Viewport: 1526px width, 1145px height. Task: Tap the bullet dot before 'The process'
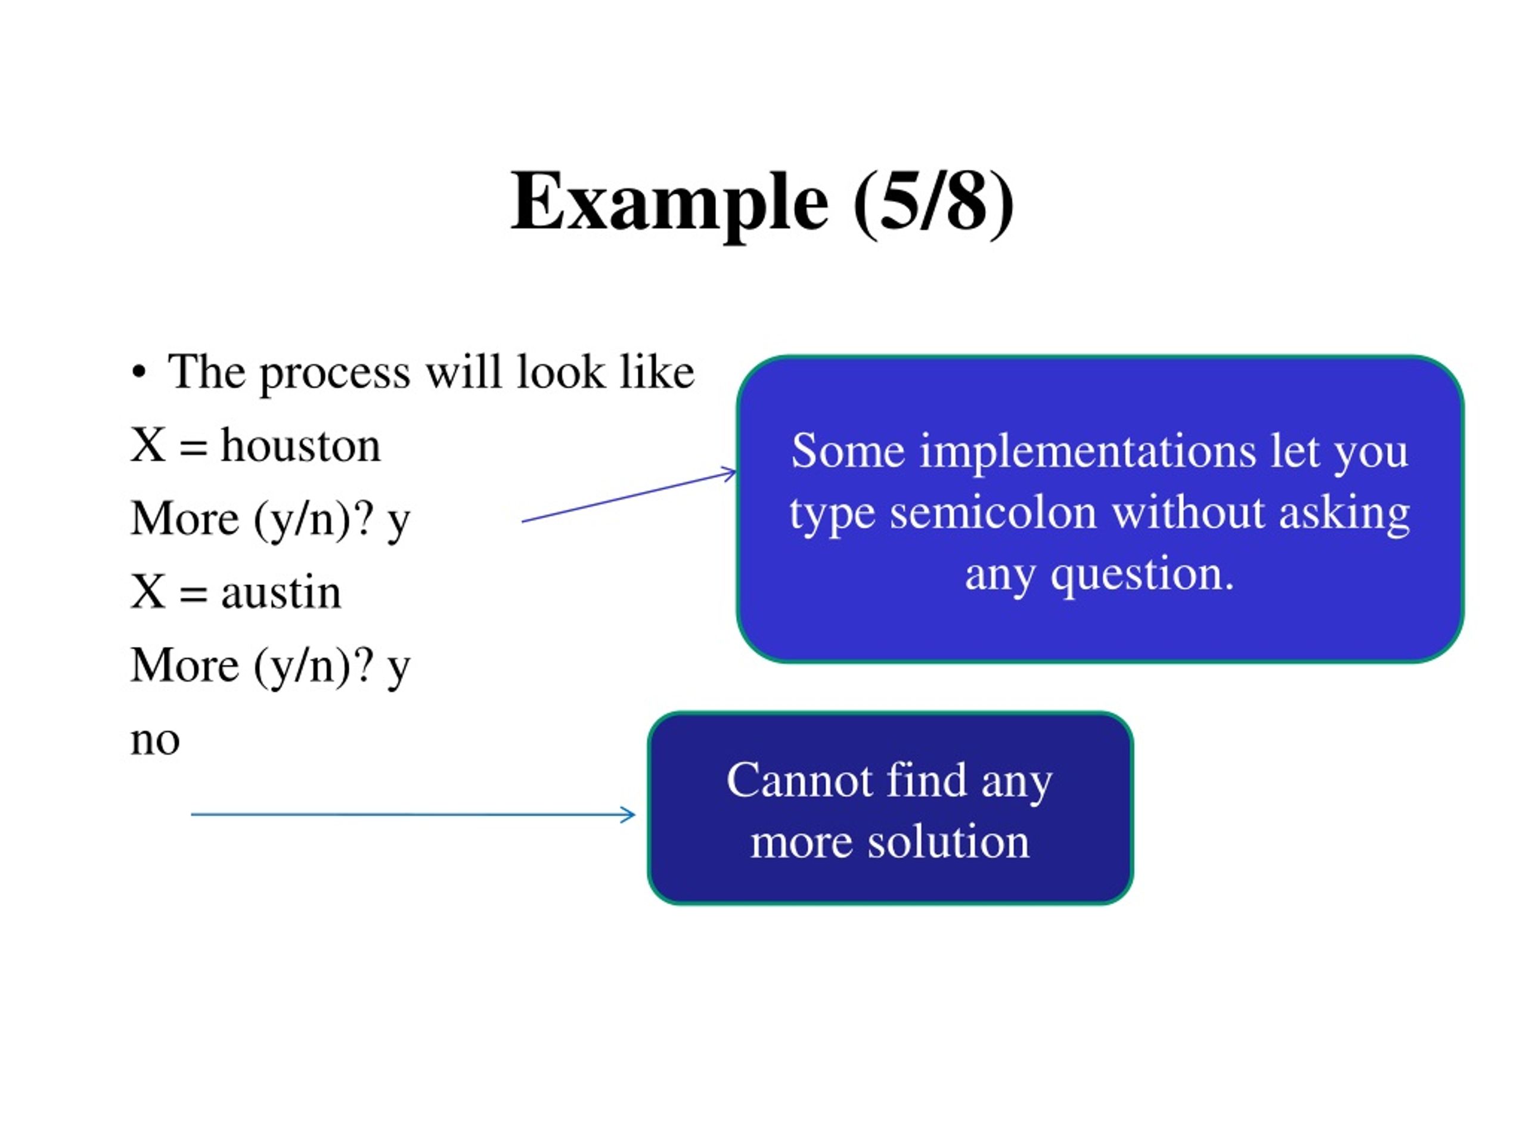139,373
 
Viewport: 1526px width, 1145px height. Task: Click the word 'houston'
301,444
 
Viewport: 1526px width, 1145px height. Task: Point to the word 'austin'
281,592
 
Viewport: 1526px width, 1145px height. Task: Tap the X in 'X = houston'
148,445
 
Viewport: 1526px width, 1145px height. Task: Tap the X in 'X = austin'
148,592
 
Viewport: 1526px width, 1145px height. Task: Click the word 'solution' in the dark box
948,843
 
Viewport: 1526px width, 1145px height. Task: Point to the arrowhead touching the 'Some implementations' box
728,473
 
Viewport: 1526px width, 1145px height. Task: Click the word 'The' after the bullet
206,373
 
